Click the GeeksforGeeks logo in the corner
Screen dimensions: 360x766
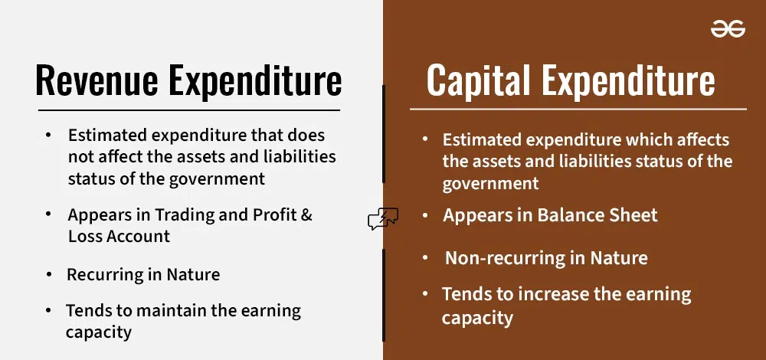(x=728, y=29)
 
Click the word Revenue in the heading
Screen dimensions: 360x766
(x=96, y=81)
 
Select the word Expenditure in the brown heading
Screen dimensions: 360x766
(x=629, y=80)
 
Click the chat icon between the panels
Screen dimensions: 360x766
(x=383, y=220)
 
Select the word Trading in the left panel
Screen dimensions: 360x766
(x=184, y=215)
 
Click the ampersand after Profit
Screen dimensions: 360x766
(x=306, y=215)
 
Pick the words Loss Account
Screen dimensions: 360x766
(x=119, y=236)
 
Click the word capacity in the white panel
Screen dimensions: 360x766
(x=99, y=332)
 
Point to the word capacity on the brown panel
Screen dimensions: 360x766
(x=476, y=317)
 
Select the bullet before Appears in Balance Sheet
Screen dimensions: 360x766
(x=425, y=216)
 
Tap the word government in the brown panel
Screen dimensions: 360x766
(x=490, y=184)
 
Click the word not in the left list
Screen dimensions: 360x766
(x=80, y=157)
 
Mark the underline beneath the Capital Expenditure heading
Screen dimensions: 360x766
(x=578, y=109)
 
